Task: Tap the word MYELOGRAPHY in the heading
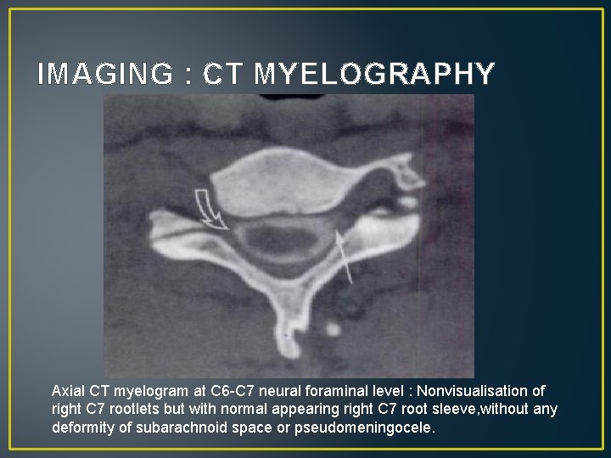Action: coord(374,75)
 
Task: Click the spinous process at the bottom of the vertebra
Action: coord(288,327)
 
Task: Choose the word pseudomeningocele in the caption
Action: coord(374,428)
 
